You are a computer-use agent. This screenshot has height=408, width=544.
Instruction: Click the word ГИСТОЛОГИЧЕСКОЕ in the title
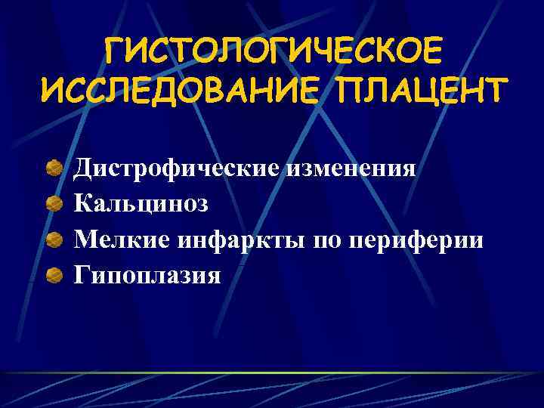(x=272, y=54)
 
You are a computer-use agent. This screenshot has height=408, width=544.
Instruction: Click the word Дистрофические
(x=178, y=167)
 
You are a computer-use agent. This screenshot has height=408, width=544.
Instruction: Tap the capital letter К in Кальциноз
(x=82, y=203)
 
